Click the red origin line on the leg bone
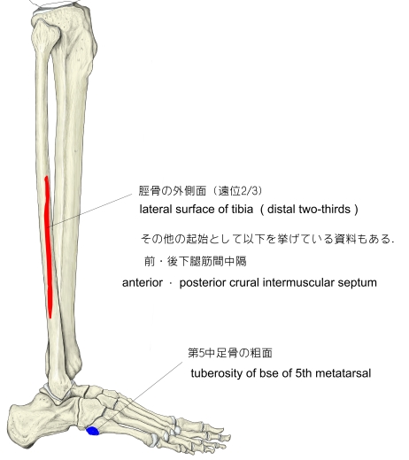click(x=48, y=248)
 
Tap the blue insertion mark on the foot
click(x=93, y=431)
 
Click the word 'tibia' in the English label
click(x=243, y=209)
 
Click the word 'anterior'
click(x=143, y=283)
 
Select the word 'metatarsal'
click(x=343, y=373)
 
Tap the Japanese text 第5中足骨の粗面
click(x=230, y=353)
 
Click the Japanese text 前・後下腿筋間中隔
click(x=196, y=261)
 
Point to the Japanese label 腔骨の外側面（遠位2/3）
click(x=200, y=191)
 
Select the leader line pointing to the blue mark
click(x=141, y=395)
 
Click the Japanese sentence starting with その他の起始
click(x=267, y=239)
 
